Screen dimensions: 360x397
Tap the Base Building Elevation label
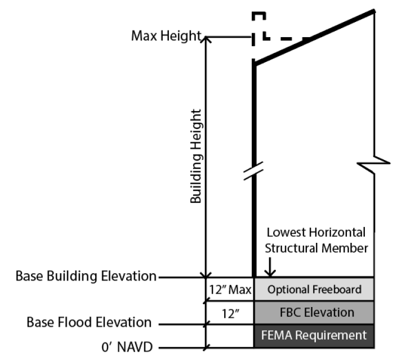click(86, 277)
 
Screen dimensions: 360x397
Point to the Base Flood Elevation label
click(89, 323)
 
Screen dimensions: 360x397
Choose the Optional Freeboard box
click(314, 290)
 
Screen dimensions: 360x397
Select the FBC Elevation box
click(314, 312)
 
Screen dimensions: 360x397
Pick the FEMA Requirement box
click(314, 336)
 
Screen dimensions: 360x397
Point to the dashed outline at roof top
click(265, 28)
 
